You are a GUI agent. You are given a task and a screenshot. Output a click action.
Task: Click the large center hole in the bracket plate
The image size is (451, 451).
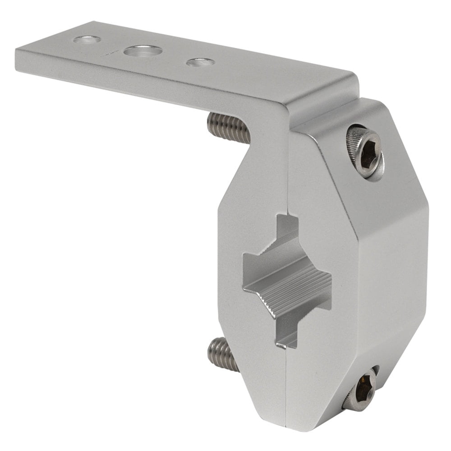pos(143,51)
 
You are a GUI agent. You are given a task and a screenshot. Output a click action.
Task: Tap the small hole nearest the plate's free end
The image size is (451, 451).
pos(87,40)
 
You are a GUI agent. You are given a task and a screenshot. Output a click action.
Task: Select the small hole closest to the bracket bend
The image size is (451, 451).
pos(200,62)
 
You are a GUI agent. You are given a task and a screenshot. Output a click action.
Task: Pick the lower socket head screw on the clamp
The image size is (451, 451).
pos(361,390)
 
